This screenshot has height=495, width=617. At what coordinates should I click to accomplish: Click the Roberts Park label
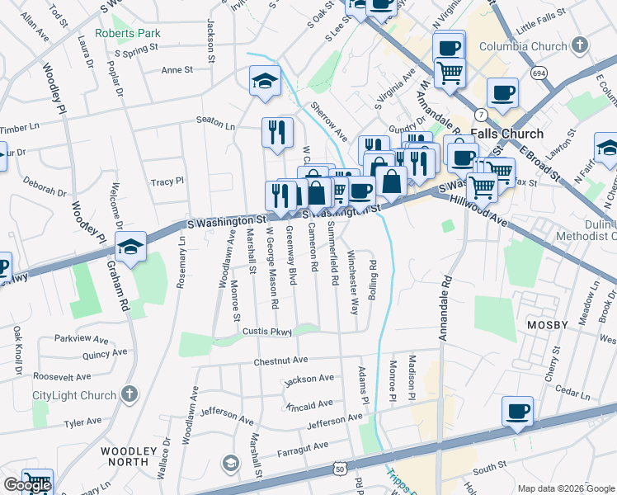click(x=127, y=33)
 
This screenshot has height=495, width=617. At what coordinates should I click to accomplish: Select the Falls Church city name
click(x=506, y=134)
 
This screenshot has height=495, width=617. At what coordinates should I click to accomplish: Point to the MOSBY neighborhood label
click(x=547, y=325)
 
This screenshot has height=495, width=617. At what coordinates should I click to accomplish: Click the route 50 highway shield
click(x=340, y=468)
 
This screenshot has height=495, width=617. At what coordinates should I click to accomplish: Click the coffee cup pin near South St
click(x=517, y=411)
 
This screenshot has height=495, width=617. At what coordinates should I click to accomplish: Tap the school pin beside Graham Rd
click(x=130, y=247)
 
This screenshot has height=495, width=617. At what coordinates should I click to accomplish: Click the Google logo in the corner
click(x=27, y=485)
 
